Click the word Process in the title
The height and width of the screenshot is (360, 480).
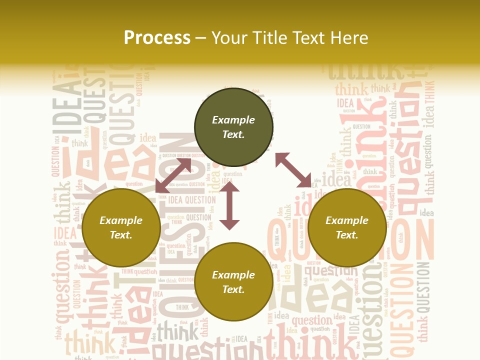pyautogui.click(x=157, y=38)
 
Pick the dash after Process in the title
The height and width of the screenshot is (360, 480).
pyautogui.click(x=201, y=38)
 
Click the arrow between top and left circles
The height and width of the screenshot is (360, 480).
pyautogui.click(x=173, y=175)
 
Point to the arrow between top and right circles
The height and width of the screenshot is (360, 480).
pyautogui.click(x=293, y=170)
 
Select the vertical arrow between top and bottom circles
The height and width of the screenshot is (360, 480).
pyautogui.click(x=229, y=206)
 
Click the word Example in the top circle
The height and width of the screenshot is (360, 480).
pyautogui.click(x=233, y=120)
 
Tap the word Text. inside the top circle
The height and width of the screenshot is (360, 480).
pyautogui.click(x=233, y=134)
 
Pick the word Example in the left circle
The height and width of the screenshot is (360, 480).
pyautogui.click(x=121, y=220)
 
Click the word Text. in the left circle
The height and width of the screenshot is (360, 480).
pyautogui.click(x=121, y=235)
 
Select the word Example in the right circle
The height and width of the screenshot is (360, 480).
pyautogui.click(x=347, y=220)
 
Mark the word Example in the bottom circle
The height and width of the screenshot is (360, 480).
pyautogui.click(x=233, y=275)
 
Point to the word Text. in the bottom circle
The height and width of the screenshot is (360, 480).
pyautogui.click(x=233, y=289)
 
